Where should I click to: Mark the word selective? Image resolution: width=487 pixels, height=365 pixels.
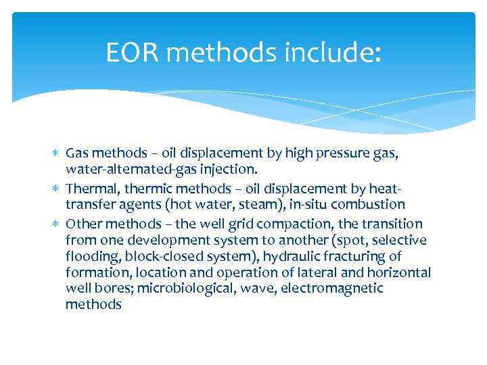[x=401, y=240]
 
